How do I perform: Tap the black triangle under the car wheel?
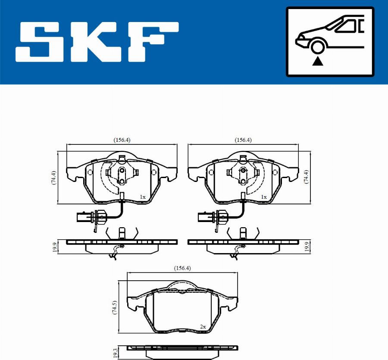coord(317,61)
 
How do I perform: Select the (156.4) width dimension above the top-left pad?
coord(122,140)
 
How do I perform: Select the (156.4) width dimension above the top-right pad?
coord(243,140)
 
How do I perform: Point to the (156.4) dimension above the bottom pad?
coord(182,268)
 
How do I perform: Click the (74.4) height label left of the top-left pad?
coord(53,177)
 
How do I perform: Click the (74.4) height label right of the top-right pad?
coord(307,177)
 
